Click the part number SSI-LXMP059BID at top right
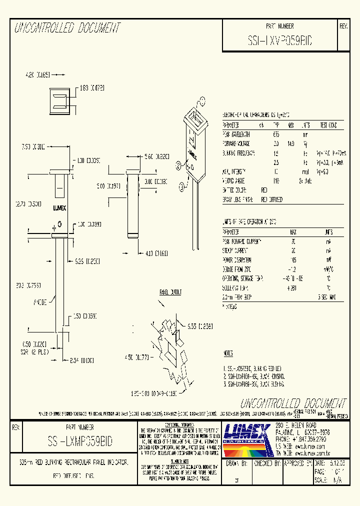pos(279,42)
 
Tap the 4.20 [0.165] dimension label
pos(37,74)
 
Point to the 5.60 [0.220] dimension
pos(156,157)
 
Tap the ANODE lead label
pos(40,302)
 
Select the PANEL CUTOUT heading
pos(170,292)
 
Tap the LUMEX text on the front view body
pos(59,206)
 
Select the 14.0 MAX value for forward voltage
pos(290,143)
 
